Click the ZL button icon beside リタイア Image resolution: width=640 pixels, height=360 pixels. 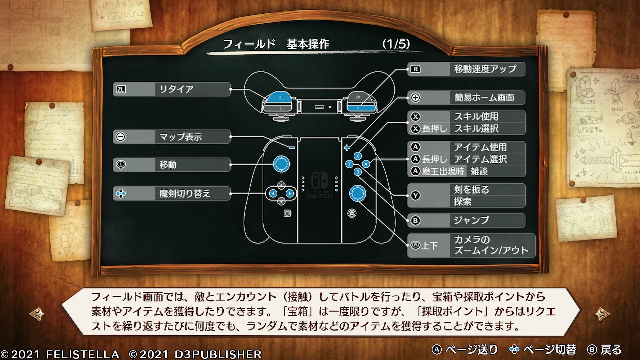pyautogui.click(x=121, y=89)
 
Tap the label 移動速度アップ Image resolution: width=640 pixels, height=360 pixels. pyautogui.click(x=485, y=69)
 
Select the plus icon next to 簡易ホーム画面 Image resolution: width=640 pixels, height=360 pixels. pyautogui.click(x=415, y=98)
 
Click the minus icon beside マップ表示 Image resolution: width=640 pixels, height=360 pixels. pyautogui.click(x=121, y=137)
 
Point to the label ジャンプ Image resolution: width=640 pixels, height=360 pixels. pyautogui.click(x=471, y=220)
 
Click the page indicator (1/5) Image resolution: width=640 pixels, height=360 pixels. pyautogui.click(x=396, y=44)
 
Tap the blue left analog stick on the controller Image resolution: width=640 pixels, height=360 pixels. pyautogui.click(x=281, y=164)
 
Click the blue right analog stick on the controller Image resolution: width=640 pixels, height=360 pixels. pyautogui.click(x=357, y=193)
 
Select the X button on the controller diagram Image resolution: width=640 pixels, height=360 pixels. pyautogui.click(x=357, y=156)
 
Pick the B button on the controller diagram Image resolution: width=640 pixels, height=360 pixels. pyautogui.click(x=357, y=172)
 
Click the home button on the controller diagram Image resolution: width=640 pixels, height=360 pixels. pyautogui.click(x=352, y=213)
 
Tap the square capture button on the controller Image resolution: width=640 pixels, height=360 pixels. pyautogui.click(x=287, y=213)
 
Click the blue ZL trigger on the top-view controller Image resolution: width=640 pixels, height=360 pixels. pyautogui.click(x=279, y=97)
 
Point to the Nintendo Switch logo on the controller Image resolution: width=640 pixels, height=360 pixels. pyautogui.click(x=319, y=180)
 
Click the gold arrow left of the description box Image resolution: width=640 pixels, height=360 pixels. pyautogui.click(x=37, y=314)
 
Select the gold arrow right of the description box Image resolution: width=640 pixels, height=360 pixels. pyautogui.click(x=603, y=314)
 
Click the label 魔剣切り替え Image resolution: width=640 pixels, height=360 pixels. pyautogui.click(x=185, y=194)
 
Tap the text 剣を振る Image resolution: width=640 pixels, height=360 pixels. pyautogui.click(x=471, y=189)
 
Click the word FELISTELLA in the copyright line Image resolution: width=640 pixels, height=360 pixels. pyautogui.click(x=82, y=354)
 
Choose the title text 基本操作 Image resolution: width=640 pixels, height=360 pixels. pyautogui.click(x=308, y=44)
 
